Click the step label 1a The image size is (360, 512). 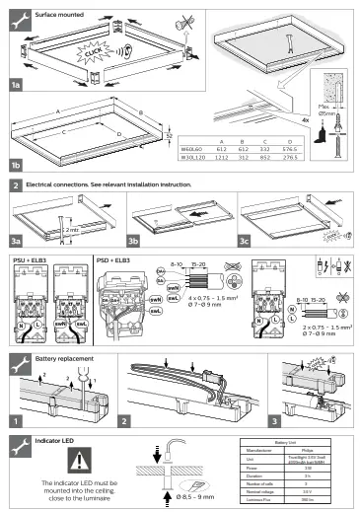pyautogui.click(x=16, y=87)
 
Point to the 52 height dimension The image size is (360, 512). pyautogui.click(x=169, y=134)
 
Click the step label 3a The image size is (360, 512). pyautogui.click(x=16, y=241)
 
